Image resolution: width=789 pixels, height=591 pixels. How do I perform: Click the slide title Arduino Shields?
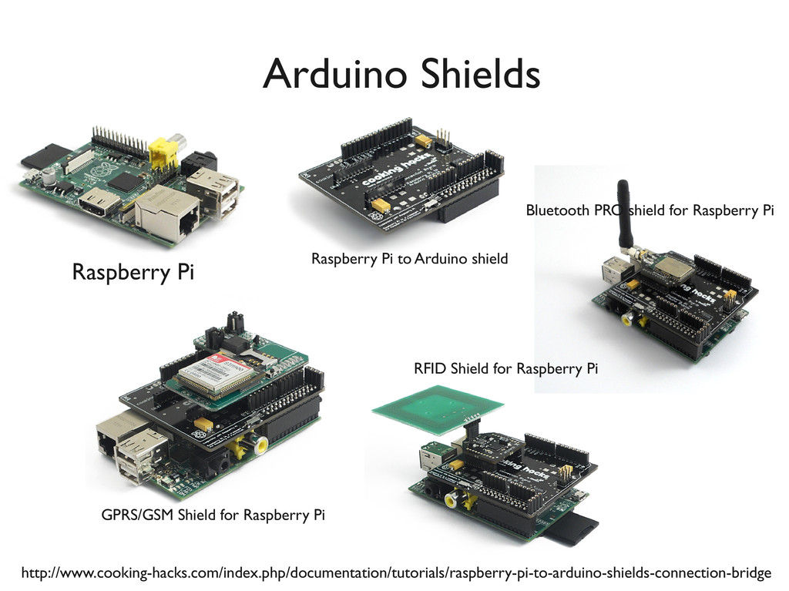(401, 75)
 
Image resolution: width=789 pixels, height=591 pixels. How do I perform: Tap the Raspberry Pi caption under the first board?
(133, 272)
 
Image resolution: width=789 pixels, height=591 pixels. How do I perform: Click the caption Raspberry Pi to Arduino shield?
(409, 259)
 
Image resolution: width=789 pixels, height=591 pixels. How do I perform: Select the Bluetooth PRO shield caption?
(649, 210)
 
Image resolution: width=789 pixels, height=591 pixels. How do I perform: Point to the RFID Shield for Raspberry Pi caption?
(505, 368)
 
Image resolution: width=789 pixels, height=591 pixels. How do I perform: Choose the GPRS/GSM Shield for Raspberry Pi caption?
(213, 515)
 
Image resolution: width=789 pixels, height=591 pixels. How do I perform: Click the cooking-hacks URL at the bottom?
(395, 573)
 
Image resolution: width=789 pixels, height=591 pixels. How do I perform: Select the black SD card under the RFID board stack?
(574, 531)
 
